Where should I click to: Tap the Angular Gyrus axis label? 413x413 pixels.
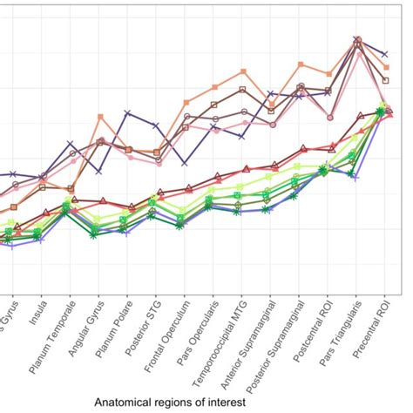click(86, 332)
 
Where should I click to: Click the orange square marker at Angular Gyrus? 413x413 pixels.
click(100, 117)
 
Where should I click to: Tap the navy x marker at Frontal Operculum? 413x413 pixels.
click(184, 163)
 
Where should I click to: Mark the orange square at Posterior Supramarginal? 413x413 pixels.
click(300, 64)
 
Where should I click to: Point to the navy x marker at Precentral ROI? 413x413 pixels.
click(385, 54)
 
